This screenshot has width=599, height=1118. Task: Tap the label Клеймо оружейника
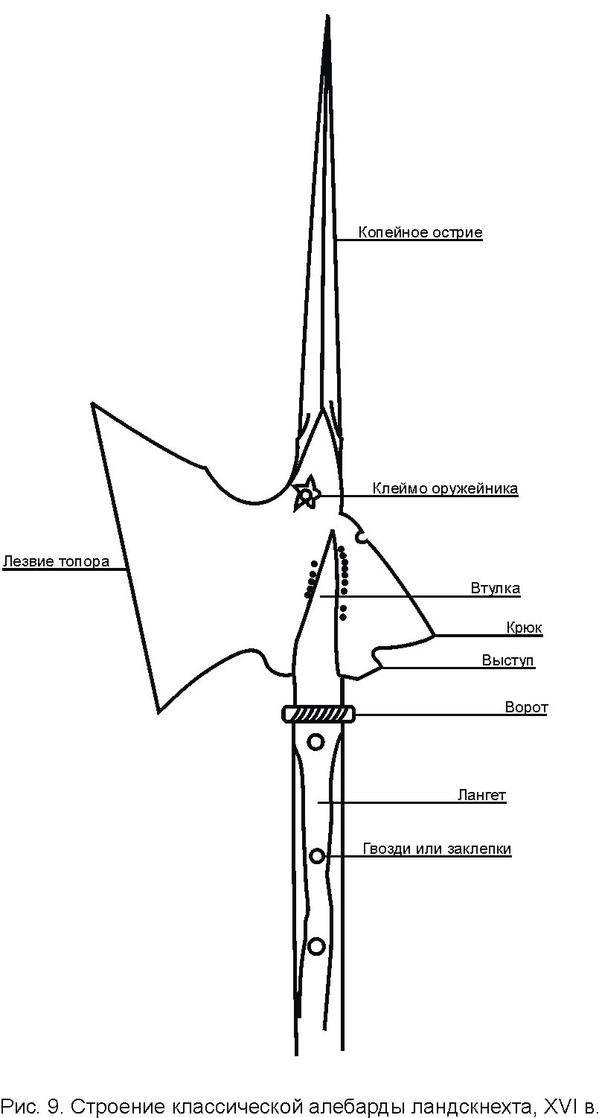tap(446, 488)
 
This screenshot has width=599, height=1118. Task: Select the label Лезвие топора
tap(57, 561)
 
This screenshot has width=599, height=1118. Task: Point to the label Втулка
tap(496, 588)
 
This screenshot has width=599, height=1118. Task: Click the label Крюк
tap(524, 627)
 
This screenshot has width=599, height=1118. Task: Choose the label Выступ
tap(507, 660)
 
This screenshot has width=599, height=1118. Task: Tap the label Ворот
tap(526, 707)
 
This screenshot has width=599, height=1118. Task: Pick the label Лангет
tap(481, 794)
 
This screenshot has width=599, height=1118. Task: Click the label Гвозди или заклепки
tap(437, 849)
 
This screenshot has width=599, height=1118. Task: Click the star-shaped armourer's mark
tap(305, 494)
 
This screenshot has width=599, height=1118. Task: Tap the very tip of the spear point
tap(327, 16)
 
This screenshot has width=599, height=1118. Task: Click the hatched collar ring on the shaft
tap(318, 714)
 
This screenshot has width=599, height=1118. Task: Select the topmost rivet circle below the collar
tap(315, 741)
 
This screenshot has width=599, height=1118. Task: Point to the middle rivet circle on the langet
tap(316, 857)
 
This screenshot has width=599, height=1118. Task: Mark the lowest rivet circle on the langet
tap(317, 945)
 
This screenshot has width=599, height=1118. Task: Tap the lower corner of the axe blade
tap(158, 711)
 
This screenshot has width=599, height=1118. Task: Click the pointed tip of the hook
tap(434, 636)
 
